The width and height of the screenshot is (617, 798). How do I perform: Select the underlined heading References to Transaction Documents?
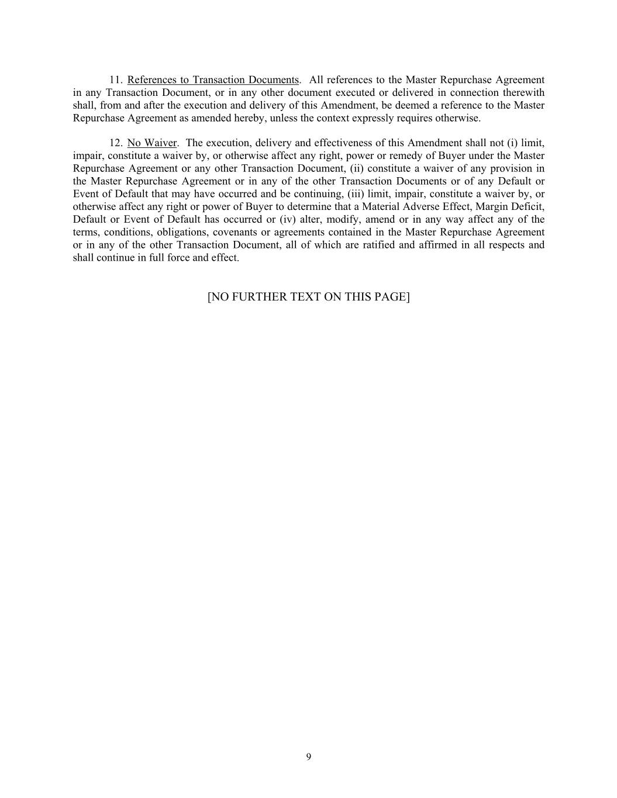(x=213, y=80)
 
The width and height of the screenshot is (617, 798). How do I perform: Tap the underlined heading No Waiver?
(x=151, y=143)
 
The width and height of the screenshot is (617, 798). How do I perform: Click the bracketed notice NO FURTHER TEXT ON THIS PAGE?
(x=308, y=296)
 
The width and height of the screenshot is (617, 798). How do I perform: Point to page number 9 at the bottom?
(x=309, y=757)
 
